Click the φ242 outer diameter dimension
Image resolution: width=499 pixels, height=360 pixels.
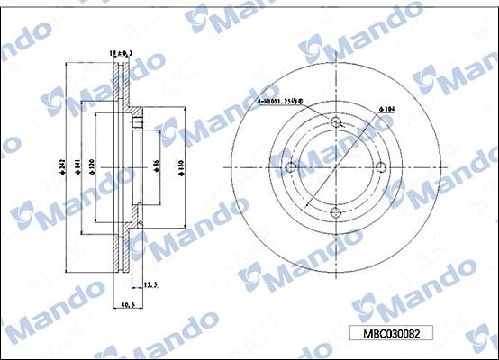coord(59,165)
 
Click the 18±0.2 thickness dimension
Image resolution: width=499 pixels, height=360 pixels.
coord(120,54)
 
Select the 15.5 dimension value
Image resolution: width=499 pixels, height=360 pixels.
coord(150,284)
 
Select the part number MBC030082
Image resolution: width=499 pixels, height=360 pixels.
coord(391,332)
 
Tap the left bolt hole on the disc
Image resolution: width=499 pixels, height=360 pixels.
coord(289,166)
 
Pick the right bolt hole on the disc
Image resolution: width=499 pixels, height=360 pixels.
coord(379,166)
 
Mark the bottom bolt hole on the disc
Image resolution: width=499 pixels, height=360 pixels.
coord(334,211)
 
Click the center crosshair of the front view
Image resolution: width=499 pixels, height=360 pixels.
coord(334,166)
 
